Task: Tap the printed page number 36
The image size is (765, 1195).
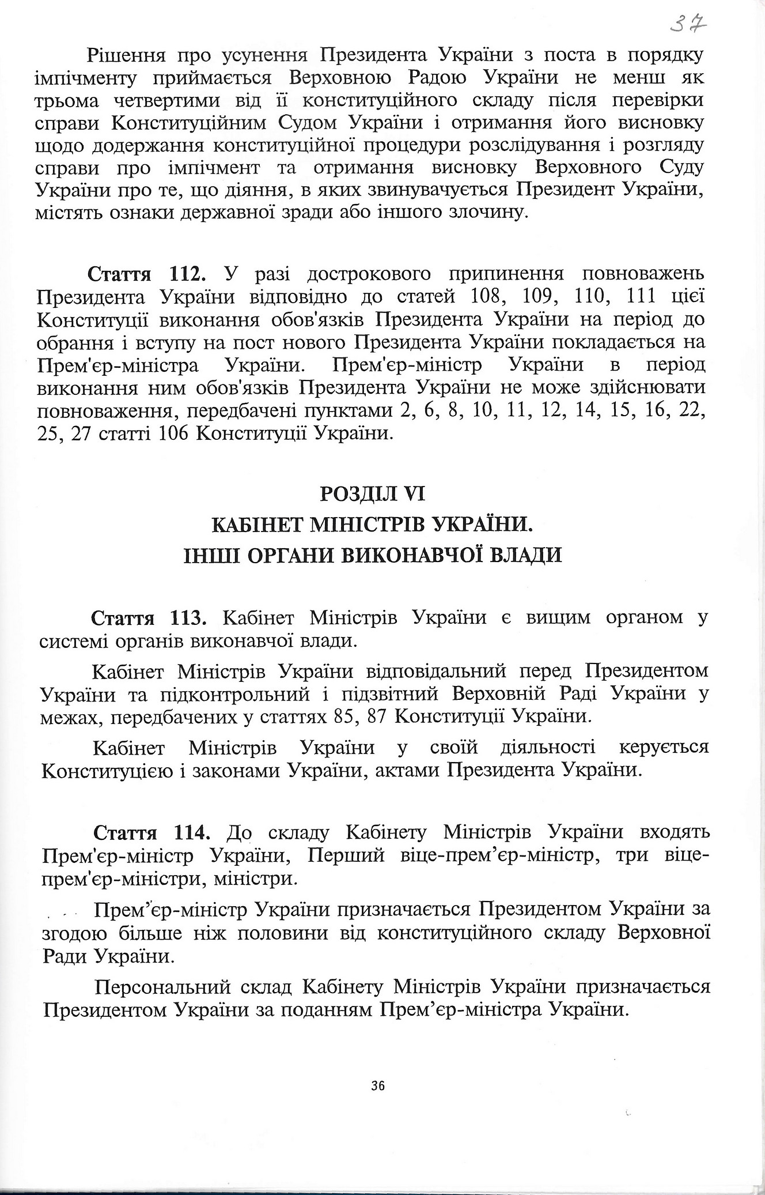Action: tap(378, 1086)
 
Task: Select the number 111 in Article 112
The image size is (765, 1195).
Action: tap(634, 296)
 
